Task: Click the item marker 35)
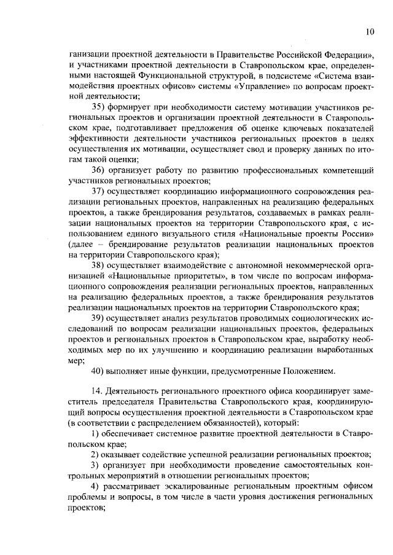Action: [98, 108]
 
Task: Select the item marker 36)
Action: [98, 170]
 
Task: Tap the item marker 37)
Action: [98, 192]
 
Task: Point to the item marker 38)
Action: [98, 265]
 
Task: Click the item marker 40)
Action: [98, 371]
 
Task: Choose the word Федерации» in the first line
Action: [340, 55]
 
